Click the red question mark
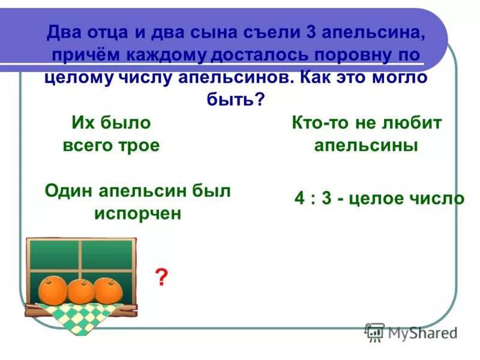click(160, 277)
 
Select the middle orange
click(81, 291)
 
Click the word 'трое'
click(140, 146)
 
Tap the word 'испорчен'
click(137, 213)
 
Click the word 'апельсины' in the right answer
click(366, 146)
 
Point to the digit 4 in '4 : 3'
click(299, 199)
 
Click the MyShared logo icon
click(375, 332)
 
